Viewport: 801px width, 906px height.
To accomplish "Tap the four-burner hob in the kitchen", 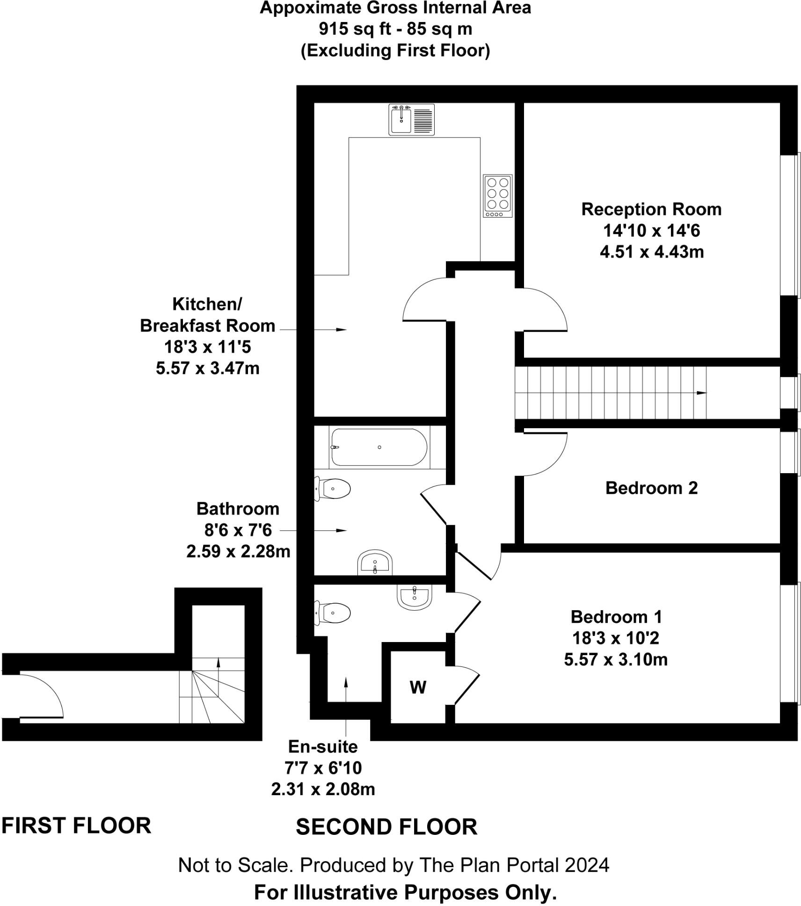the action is [497, 196].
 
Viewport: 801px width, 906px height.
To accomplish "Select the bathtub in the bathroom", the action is [379, 447].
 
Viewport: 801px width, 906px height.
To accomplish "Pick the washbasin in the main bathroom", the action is [375, 562].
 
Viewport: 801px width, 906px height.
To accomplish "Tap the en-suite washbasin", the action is [414, 597].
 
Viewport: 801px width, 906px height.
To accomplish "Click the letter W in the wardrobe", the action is [418, 687].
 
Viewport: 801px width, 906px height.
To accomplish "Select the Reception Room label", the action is [651, 209].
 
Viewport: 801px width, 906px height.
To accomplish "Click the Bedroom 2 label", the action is [651, 488].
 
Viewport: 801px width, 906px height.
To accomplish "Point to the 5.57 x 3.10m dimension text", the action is [616, 659].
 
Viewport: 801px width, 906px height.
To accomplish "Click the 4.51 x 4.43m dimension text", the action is [652, 252].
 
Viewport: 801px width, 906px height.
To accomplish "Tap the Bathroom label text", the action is [238, 509].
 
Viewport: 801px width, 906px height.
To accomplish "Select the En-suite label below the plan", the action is [323, 746].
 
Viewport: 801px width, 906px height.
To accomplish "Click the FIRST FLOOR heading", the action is [76, 826].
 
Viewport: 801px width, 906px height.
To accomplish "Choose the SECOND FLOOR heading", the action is [386, 827].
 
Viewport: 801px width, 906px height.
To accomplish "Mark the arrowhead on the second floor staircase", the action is [701, 393].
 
